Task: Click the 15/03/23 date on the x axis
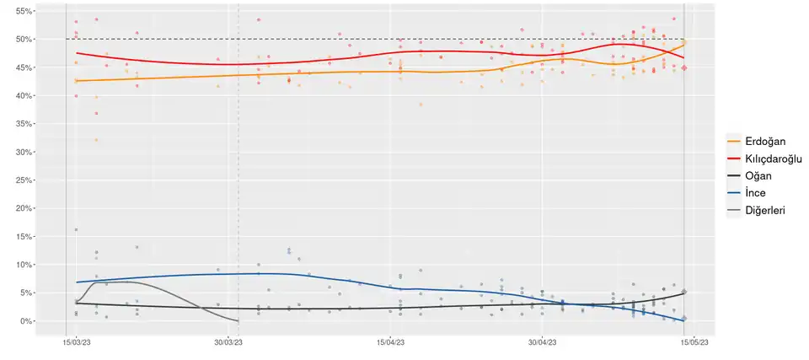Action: click(x=76, y=343)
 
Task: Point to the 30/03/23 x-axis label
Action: click(x=228, y=343)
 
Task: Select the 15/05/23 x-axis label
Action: click(x=694, y=343)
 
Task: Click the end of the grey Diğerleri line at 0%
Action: click(x=238, y=321)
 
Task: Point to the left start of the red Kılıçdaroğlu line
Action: click(x=76, y=53)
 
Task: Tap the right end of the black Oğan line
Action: click(x=684, y=293)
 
